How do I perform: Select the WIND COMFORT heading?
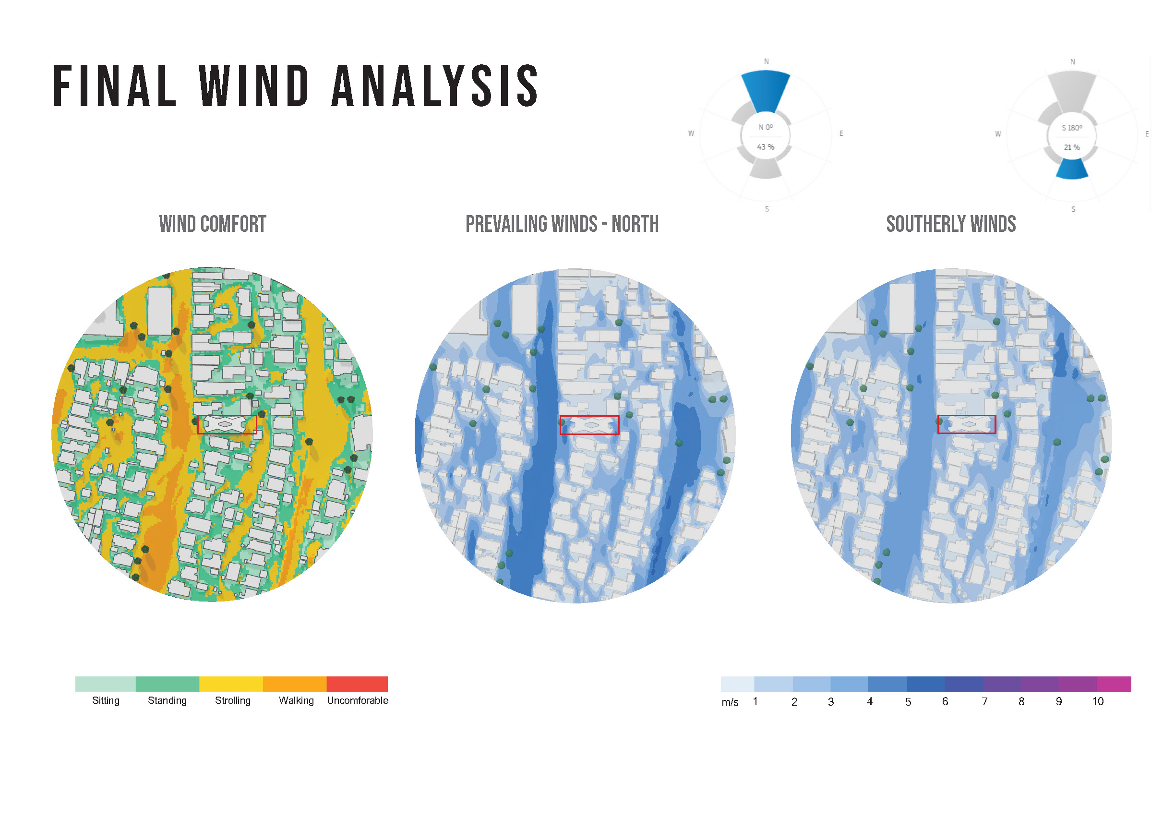213,224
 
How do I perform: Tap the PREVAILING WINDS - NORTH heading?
562,224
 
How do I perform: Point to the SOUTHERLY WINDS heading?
951,224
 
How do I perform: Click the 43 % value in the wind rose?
766,147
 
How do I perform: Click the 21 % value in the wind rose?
1072,147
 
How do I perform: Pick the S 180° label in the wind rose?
1072,127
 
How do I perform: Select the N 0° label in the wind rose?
766,127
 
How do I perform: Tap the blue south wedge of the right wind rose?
1072,169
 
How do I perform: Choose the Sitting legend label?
106,700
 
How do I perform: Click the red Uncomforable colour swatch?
357,684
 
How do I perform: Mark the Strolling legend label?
233,700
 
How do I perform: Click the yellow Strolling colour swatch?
231,684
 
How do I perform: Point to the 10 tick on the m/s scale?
1098,701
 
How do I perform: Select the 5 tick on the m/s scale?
909,701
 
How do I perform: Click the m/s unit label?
730,702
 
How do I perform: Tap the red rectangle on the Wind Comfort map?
227,416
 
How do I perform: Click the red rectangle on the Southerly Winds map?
967,416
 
